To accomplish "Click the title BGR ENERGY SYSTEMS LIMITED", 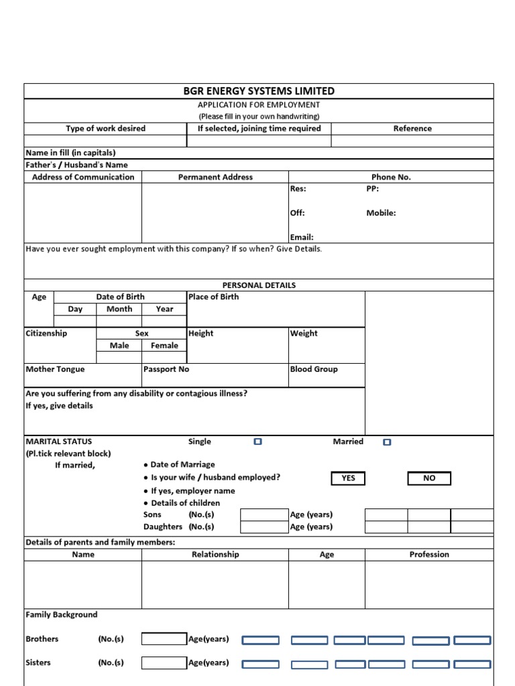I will click(259, 91).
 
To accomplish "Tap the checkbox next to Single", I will click(257, 442).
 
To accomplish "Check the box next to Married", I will click(386, 442).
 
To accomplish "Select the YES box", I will click(348, 478).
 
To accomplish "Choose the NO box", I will click(429, 478).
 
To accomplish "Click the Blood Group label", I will click(314, 369).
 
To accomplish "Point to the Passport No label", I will click(166, 369).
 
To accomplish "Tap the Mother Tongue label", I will click(55, 369).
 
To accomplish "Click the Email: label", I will click(302, 237).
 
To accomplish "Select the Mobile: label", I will click(381, 213).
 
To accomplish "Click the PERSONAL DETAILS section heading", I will click(259, 285).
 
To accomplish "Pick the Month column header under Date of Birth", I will click(119, 310).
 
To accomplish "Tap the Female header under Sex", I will click(164, 346).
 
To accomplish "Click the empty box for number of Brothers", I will click(164, 639).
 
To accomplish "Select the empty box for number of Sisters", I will click(164, 663).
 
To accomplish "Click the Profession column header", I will click(429, 555).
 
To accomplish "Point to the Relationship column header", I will click(215, 555).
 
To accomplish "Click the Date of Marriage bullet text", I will click(182, 465).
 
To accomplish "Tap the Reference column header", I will click(412, 129).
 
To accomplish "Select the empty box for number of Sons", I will click(264, 515).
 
